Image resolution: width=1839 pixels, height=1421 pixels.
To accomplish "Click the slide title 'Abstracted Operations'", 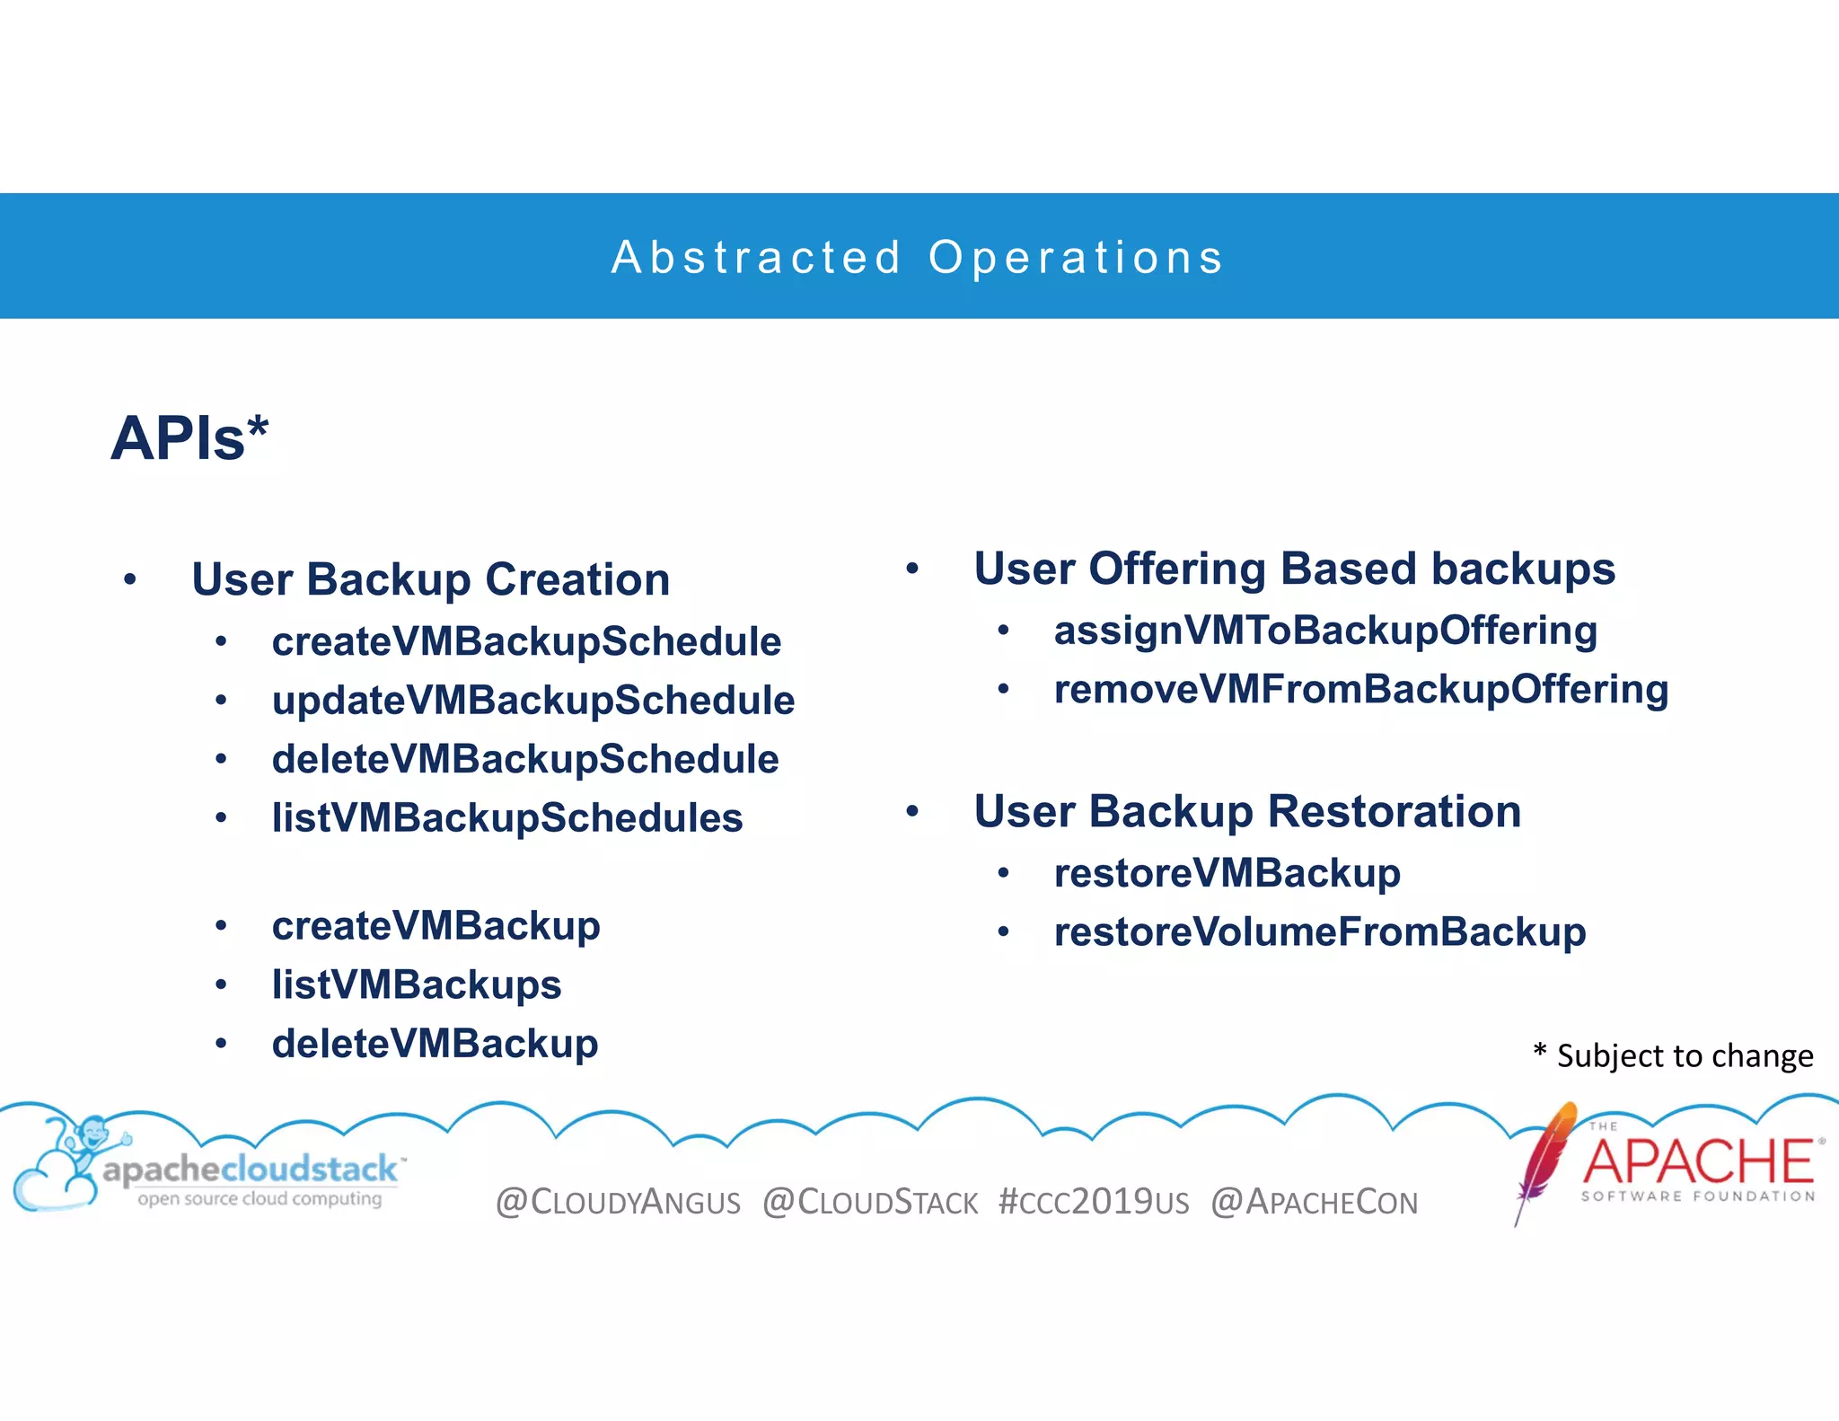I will pyautogui.click(x=918, y=258).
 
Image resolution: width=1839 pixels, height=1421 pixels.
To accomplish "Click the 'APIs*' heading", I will pyautogui.click(x=189, y=438).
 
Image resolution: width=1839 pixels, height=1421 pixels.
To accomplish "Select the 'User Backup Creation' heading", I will pyautogui.click(x=431, y=579).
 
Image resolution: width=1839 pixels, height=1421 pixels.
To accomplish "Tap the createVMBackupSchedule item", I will pyautogui.click(x=526, y=642).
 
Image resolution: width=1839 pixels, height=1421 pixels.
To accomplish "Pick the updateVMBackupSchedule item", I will pyautogui.click(x=533, y=701).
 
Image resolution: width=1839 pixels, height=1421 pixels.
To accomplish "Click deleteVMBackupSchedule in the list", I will pyautogui.click(x=525, y=759).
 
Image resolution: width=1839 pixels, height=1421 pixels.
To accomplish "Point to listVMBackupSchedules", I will pyautogui.click(x=507, y=818).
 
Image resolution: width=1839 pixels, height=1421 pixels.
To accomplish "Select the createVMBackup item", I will pyautogui.click(x=436, y=926).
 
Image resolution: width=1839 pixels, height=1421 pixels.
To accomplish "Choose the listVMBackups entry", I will pyautogui.click(x=417, y=985).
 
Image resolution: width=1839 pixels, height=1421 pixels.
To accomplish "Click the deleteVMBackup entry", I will pyautogui.click(x=436, y=1044).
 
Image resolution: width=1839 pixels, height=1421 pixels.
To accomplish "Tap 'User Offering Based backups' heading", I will pyautogui.click(x=1294, y=569).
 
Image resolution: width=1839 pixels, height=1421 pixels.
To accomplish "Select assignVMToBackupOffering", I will pyautogui.click(x=1325, y=631).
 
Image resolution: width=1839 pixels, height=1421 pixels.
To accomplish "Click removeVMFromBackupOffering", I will pyautogui.click(x=1361, y=690).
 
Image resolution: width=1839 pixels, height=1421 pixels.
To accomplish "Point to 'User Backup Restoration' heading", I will pyautogui.click(x=1247, y=812).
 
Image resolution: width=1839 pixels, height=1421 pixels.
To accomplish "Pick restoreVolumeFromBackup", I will pyautogui.click(x=1320, y=932).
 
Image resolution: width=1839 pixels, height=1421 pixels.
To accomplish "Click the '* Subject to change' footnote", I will pyautogui.click(x=1673, y=1055).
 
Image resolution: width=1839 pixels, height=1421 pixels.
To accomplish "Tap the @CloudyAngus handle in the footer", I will pyautogui.click(x=618, y=1202).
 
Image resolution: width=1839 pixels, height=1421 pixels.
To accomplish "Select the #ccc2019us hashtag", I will pyautogui.click(x=1093, y=1202).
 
